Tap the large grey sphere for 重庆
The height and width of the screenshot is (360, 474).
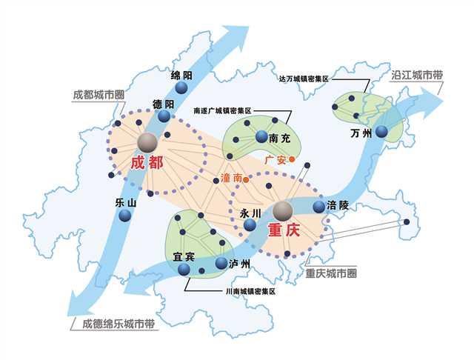[x=282, y=211]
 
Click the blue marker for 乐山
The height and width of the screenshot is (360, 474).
[x=124, y=216]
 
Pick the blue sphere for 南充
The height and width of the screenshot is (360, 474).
[x=261, y=137]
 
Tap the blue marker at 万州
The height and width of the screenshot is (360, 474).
[x=381, y=132]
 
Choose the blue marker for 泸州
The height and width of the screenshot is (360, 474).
[x=221, y=263]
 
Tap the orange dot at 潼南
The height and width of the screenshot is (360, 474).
[x=247, y=178]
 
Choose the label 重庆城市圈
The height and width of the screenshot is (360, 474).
[x=331, y=273]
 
